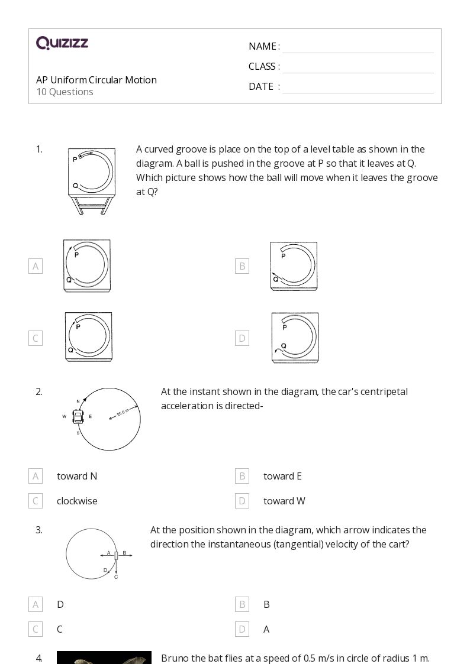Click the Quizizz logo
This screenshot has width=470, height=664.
pyautogui.click(x=62, y=43)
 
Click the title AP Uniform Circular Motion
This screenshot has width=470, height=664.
pyautogui.click(x=96, y=80)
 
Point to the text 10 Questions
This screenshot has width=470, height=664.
pyautogui.click(x=65, y=92)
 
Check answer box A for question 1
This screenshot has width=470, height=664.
pyautogui.click(x=36, y=266)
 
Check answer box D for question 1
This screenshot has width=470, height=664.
pyautogui.click(x=242, y=338)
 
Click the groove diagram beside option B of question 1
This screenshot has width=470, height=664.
pyautogui.click(x=294, y=266)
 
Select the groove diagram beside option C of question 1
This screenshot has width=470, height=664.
pyautogui.click(x=88, y=337)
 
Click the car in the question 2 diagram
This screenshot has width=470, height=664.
pyautogui.click(x=78, y=417)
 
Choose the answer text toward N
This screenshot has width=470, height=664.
pyautogui.click(x=77, y=476)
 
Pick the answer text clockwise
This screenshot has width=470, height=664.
pyautogui.click(x=77, y=501)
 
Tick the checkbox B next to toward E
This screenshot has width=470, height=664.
pyautogui.click(x=242, y=476)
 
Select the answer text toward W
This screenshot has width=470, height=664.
pyautogui.click(x=284, y=501)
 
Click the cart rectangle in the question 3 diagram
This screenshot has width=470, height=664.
pyautogui.click(x=116, y=555)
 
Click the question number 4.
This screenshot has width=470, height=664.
pyautogui.click(x=39, y=657)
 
